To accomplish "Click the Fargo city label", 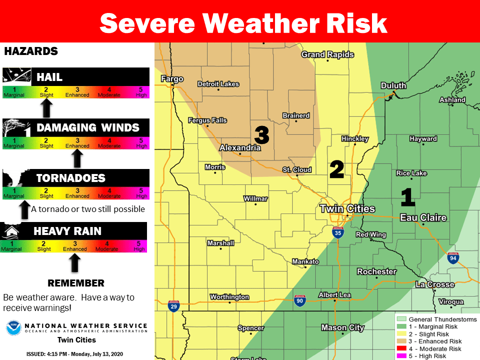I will [x=172, y=79].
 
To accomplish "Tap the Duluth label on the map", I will [x=393, y=85].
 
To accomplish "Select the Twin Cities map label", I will [x=346, y=208].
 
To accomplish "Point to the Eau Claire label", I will [x=423, y=217].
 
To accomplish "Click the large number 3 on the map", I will [x=261, y=134].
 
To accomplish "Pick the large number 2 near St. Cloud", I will [x=336, y=170].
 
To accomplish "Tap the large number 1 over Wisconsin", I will [x=408, y=197].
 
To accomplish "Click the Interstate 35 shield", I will [x=338, y=231].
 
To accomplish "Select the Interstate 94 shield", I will [x=453, y=258].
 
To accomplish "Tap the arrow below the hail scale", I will [x=46, y=107].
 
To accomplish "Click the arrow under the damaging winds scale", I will [x=76, y=158].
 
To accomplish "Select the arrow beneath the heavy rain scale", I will [x=74, y=261].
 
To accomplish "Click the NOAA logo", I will [x=13, y=328].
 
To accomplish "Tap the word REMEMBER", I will [x=75, y=283].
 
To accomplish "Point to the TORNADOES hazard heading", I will [x=70, y=178].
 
